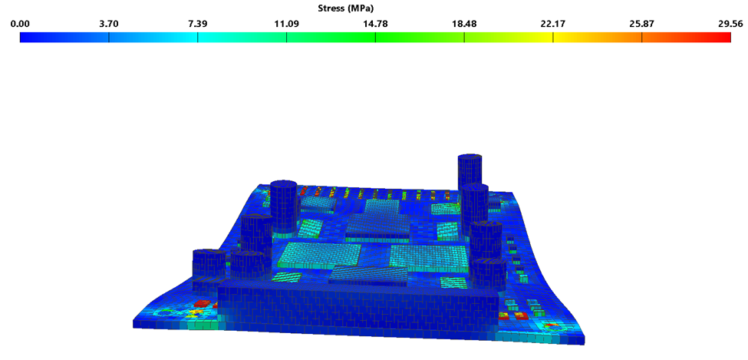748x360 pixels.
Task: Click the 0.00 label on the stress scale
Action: [x=20, y=24]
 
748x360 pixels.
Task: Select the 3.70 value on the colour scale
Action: [x=108, y=24]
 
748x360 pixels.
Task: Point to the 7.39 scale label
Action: [x=197, y=24]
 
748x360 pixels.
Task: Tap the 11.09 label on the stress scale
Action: [x=286, y=24]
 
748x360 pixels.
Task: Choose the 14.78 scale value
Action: [x=375, y=24]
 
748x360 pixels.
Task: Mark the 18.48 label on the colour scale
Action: [x=463, y=24]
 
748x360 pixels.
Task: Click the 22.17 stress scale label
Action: [x=552, y=24]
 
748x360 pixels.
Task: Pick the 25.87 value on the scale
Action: [x=641, y=24]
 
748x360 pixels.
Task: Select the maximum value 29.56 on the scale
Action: [x=730, y=24]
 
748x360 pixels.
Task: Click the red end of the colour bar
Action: [x=721, y=37]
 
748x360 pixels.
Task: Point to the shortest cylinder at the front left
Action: [x=208, y=265]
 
